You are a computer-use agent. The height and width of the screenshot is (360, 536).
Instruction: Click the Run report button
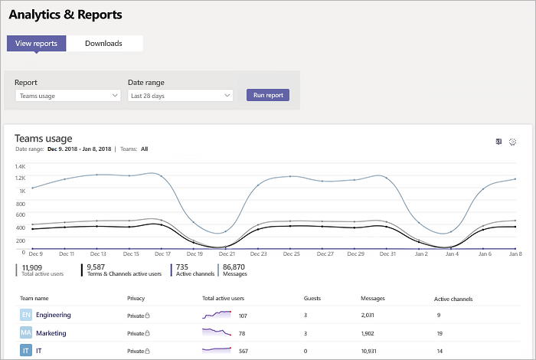[268, 96]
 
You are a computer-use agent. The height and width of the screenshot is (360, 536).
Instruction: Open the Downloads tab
[103, 44]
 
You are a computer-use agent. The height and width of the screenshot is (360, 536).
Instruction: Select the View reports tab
[36, 44]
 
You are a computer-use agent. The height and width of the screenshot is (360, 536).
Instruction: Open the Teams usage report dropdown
[67, 96]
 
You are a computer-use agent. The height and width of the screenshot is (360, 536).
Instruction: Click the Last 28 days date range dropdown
[180, 96]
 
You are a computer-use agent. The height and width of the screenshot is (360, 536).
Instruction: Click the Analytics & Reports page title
[65, 15]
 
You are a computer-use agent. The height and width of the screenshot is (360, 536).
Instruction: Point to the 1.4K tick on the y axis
[20, 166]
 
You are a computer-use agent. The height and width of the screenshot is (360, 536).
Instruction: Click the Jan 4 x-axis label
[451, 254]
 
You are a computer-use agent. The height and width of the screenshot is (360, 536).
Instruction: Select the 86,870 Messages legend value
[234, 267]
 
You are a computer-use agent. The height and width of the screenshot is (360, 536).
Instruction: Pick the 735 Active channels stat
[182, 267]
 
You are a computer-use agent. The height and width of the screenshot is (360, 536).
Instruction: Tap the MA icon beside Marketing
[26, 333]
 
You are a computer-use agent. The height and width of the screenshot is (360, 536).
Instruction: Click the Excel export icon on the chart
[498, 142]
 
